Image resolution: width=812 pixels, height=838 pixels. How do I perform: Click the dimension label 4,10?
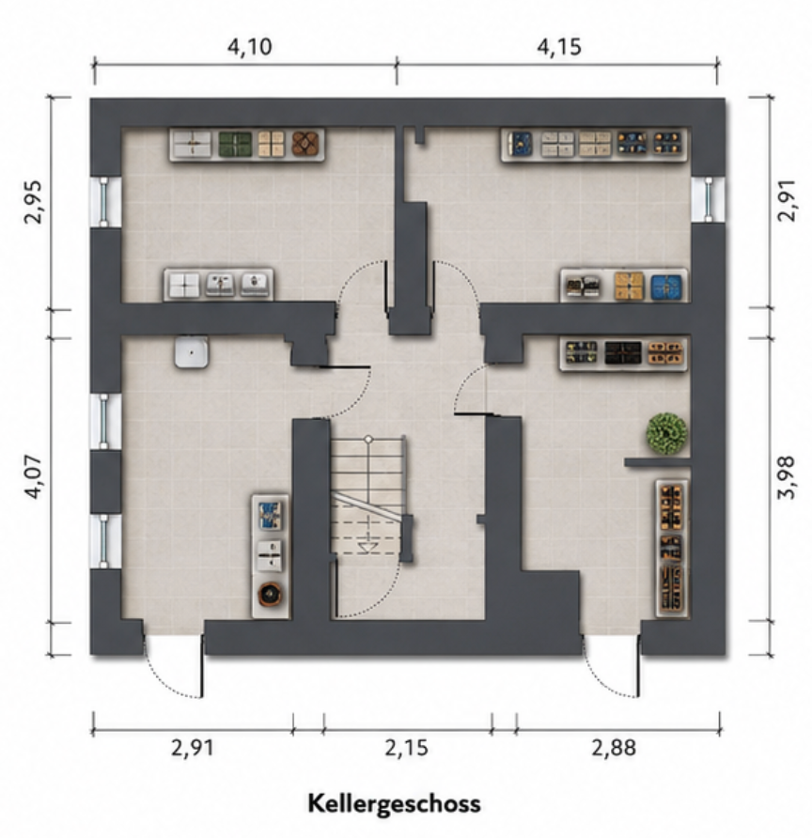[x=250, y=47]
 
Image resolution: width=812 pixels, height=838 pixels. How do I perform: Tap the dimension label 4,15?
[x=559, y=47]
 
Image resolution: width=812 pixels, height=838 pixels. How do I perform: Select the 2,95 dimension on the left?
[x=33, y=202]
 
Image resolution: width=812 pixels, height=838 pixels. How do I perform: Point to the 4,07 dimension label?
[x=33, y=476]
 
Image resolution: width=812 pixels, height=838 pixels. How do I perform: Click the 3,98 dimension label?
[x=787, y=477]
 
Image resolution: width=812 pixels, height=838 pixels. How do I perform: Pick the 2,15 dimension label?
[x=406, y=747]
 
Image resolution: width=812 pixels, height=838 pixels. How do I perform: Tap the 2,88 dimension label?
[x=614, y=747]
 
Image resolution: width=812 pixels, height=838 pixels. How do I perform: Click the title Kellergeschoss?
[x=394, y=803]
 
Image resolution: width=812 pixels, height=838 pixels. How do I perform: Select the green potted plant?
[x=666, y=433]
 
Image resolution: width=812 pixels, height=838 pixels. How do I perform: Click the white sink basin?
[x=192, y=352]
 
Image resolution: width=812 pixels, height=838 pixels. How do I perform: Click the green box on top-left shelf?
[x=235, y=144]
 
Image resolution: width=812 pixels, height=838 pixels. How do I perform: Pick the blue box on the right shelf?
[x=666, y=287]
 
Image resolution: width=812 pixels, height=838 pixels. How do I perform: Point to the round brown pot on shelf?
[x=271, y=594]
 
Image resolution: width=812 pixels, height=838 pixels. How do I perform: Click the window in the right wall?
[x=709, y=199]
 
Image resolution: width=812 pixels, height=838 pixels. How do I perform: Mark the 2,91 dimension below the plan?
[x=193, y=747]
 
